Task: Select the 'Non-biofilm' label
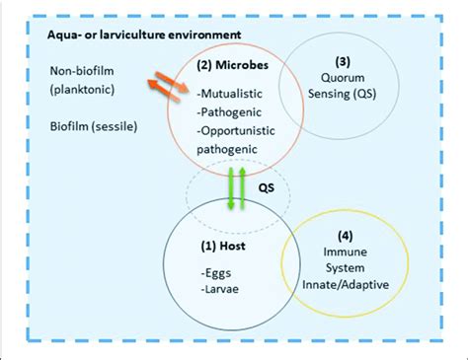[82, 73]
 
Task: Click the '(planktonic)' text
[82, 89]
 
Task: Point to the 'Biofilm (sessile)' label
[94, 128]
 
